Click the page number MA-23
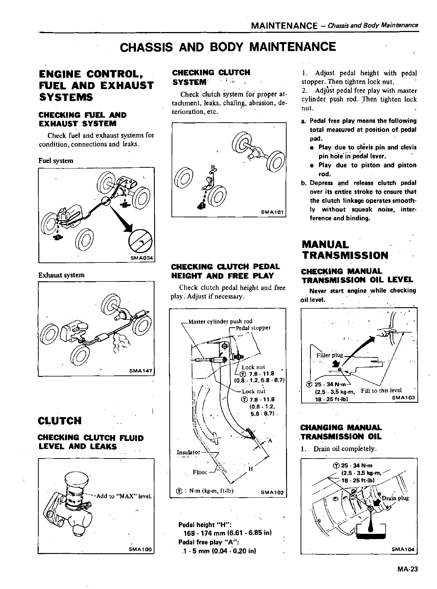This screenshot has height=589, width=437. click(408, 569)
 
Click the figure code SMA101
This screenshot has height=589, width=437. click(272, 212)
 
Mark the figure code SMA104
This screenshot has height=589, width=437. click(403, 549)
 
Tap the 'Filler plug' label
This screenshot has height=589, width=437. click(329, 355)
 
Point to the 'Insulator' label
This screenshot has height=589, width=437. click(188, 453)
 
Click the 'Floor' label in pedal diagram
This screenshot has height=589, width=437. click(200, 472)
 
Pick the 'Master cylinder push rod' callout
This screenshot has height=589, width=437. click(220, 321)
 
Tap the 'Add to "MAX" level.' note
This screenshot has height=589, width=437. click(124, 496)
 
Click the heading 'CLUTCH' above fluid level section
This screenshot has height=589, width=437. click(60, 421)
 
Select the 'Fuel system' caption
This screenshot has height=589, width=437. click(56, 161)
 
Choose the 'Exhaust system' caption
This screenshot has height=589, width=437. click(61, 275)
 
